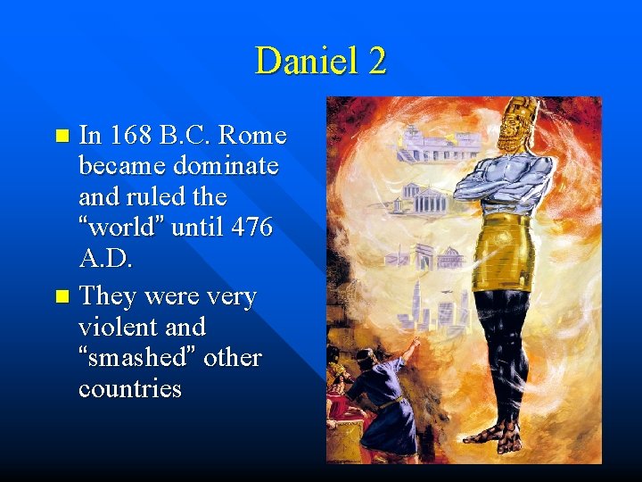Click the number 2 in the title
coord(376,62)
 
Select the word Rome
coord(252,136)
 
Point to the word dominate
coord(226,166)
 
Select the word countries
coord(129,389)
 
